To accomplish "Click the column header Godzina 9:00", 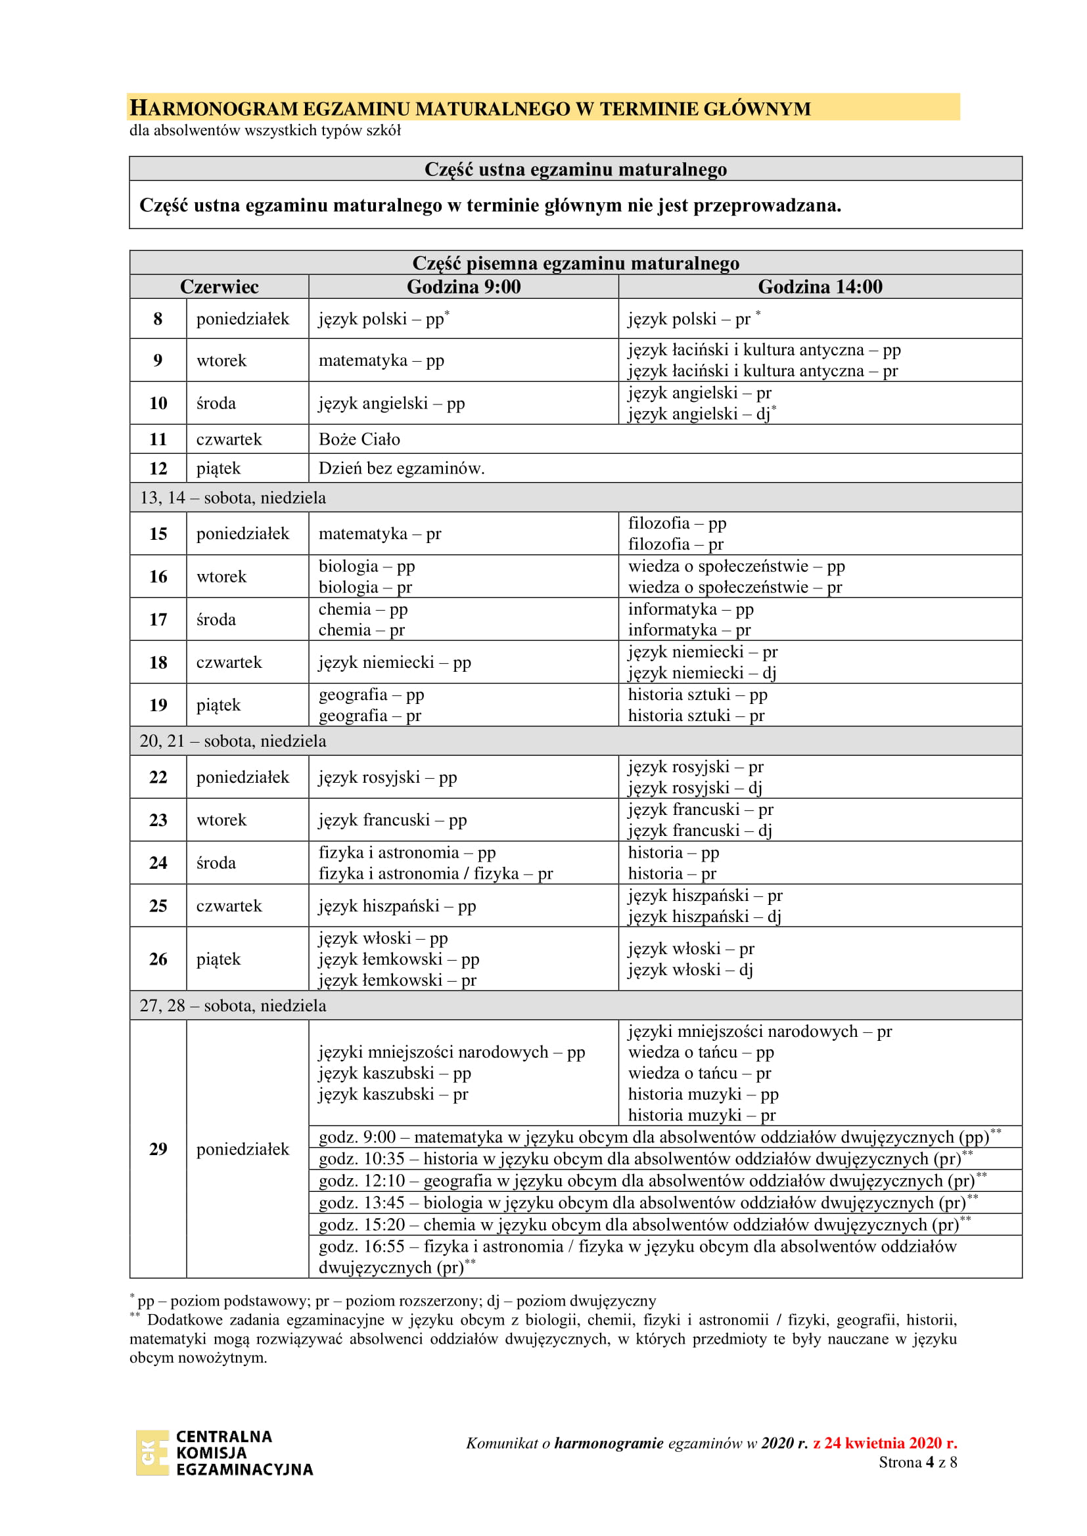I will pos(463,286).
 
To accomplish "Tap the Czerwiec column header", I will pos(219,286).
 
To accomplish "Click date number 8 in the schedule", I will pos(158,318).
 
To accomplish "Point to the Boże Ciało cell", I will pos(359,439).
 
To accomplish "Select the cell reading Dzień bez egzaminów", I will pos(401,468).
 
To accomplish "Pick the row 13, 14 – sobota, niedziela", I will pos(233,498).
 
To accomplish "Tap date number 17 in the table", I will pos(158,619).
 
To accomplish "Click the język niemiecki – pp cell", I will pos(394,663).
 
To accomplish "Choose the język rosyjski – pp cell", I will pos(388,778).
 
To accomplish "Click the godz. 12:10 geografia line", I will pos(652,1180).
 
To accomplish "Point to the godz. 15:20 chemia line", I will pos(644,1224).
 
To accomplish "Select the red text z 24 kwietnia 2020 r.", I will pos(884,1443).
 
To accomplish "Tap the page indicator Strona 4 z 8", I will pos(917,1462).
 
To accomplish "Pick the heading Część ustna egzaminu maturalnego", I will pos(575,169).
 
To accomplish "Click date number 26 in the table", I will pos(158,959).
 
